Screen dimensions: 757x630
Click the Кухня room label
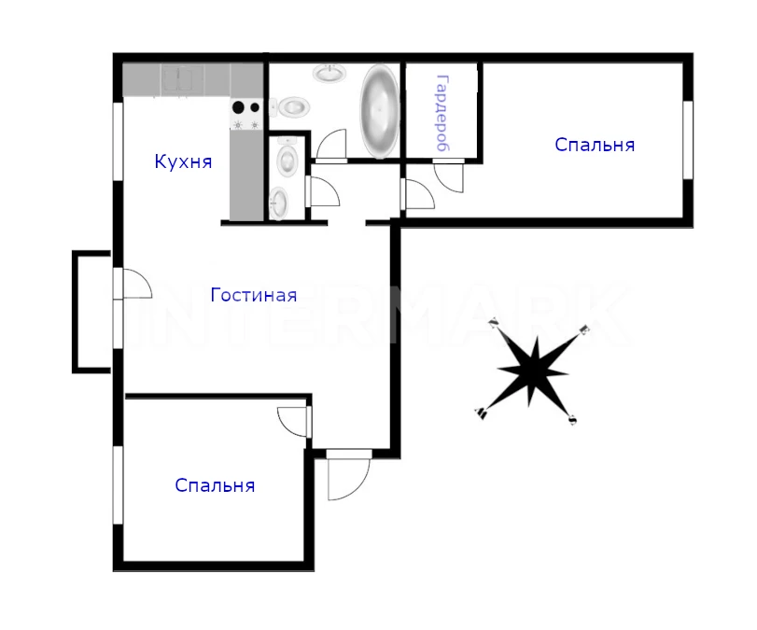[184, 161]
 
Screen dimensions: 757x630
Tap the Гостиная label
[254, 295]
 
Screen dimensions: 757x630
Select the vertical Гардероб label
[442, 113]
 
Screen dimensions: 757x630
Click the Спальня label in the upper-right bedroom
[595, 145]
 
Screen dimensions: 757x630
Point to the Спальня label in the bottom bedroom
[215, 485]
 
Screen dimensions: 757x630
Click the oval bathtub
[380, 111]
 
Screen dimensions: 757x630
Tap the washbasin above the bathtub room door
[330, 74]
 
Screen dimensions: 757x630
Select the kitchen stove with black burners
[246, 115]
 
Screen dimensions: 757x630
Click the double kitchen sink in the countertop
[183, 78]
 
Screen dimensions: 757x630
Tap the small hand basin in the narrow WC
[278, 203]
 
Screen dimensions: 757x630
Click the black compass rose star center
[532, 371]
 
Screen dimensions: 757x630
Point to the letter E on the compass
[584, 330]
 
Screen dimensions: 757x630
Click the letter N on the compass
[493, 323]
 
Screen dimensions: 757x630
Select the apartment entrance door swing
[348, 475]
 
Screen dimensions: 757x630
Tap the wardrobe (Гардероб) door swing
[450, 175]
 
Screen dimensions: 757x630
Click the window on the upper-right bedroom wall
[688, 140]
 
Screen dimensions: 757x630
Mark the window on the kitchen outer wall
[118, 142]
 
